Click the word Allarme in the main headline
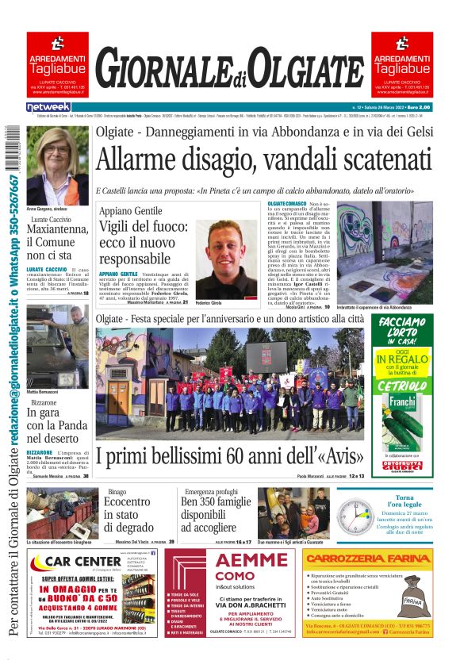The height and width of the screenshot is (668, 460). pos(135,161)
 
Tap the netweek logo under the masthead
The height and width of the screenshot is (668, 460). pos(48,106)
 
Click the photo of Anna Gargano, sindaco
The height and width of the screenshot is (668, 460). pos(57,165)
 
